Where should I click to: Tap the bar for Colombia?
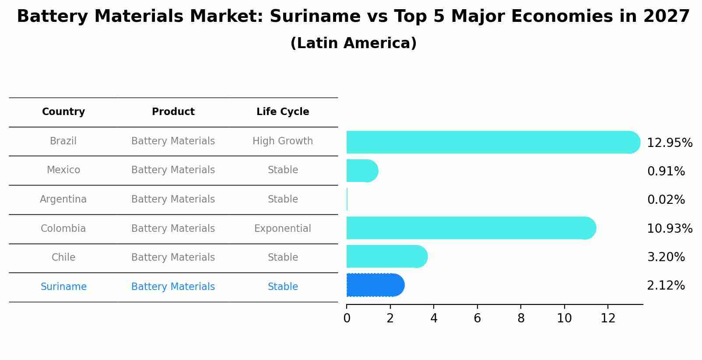[x=470, y=228]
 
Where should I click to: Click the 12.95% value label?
[x=669, y=143]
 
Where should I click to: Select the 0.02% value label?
[x=666, y=200]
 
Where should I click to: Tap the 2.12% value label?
[x=666, y=286]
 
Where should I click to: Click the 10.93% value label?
[x=669, y=228]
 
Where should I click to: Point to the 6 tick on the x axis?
[x=477, y=318]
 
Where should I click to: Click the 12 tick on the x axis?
[x=608, y=318]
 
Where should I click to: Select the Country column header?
[x=63, y=112]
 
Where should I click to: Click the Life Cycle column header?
[x=283, y=112]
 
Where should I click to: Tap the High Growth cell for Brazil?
[x=283, y=141]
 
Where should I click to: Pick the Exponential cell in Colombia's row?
[x=283, y=229]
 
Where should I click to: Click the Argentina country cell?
[x=63, y=199]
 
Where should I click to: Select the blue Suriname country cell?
[x=63, y=287]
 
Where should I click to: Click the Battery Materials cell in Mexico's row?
[x=173, y=170]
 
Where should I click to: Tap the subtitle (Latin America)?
[x=353, y=43]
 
